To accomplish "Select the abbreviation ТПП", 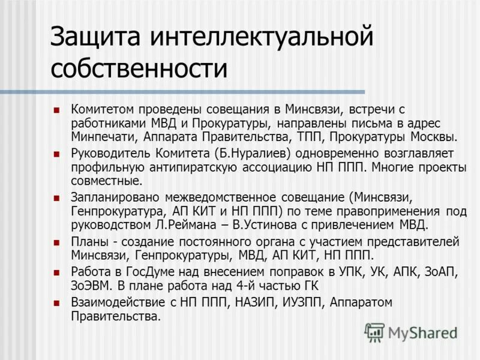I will [x=300, y=137].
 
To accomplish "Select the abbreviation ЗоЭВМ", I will [x=91, y=286].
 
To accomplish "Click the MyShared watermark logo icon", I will [x=374, y=331].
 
